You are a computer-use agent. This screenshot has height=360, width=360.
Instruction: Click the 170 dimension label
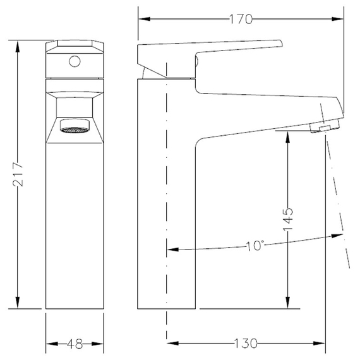click(241, 19)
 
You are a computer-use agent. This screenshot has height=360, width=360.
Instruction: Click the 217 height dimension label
click(18, 174)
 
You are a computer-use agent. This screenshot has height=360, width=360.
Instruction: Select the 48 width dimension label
click(75, 344)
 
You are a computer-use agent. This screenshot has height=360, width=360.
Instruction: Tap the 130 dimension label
click(246, 344)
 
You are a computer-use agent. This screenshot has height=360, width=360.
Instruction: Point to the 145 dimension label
click(288, 220)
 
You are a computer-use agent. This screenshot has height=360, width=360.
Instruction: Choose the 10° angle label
click(255, 246)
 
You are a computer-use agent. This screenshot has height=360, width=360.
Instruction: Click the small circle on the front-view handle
click(75, 61)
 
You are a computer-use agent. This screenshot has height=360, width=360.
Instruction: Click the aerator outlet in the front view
click(75, 125)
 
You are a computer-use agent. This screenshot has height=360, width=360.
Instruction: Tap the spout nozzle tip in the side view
click(325, 127)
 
